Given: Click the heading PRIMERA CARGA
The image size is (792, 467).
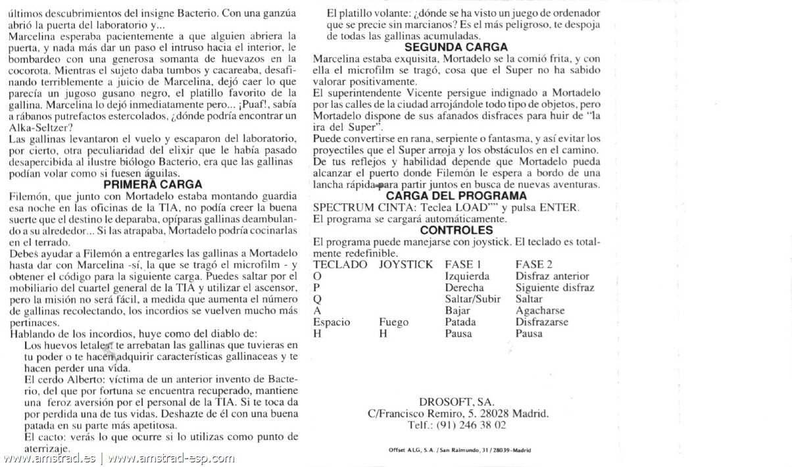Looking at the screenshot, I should coord(153,185).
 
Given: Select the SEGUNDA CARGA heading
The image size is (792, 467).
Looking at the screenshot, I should coord(456,47).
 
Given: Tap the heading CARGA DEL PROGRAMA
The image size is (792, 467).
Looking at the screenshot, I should coord(456,196).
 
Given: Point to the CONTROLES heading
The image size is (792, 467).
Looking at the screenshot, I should coord(457,230).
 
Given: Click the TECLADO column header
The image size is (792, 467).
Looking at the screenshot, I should coord(340,264).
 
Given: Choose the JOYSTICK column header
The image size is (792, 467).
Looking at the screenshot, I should coord(406,264).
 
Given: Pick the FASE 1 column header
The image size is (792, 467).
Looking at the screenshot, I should coord(464,264).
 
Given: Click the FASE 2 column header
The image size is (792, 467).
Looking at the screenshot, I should coord(534,264).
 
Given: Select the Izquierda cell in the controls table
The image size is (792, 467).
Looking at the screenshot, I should coord(467,276).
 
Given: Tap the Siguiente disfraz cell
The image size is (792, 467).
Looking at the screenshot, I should coord(555,288).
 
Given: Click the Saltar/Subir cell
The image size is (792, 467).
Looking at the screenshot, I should coord(472,299).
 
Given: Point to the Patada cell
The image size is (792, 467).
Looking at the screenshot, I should coord(460,322).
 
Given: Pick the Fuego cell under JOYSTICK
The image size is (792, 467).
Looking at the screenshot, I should coord(393,322).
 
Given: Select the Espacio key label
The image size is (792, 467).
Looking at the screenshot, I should coord(332,322).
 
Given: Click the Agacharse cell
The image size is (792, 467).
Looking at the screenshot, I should coord(540,310).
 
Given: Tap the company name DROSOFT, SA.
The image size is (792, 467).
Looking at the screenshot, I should coord(457,402).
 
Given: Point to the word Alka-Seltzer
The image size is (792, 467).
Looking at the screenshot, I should coord(37,128).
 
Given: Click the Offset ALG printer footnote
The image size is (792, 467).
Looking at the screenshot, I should coord(460,450).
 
